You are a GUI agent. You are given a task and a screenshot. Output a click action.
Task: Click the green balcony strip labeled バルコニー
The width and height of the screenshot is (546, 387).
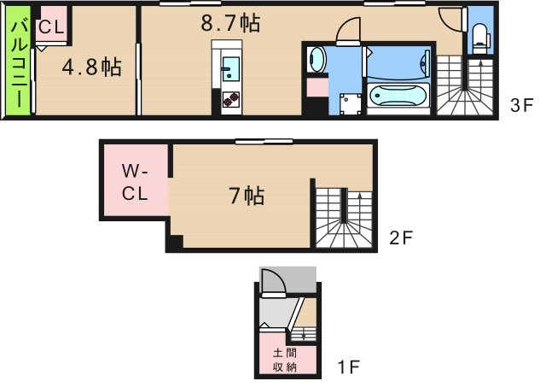[x=16, y=64]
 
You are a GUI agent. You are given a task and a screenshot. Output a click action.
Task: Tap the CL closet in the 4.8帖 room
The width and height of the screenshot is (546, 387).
[x=50, y=27]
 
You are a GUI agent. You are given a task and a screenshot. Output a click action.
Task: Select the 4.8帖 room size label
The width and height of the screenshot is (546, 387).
[x=90, y=67]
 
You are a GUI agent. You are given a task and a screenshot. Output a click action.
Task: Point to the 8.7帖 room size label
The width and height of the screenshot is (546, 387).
[x=230, y=23]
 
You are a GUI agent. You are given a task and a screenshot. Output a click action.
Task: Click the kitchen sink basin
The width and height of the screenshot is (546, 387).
[x=230, y=70]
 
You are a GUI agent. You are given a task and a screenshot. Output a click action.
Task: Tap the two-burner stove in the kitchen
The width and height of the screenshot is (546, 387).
[x=230, y=98]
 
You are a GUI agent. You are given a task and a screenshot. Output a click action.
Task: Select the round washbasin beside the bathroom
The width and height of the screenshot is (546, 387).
[x=317, y=59]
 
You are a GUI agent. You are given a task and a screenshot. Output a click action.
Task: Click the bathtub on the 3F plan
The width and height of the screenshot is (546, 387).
[x=398, y=95]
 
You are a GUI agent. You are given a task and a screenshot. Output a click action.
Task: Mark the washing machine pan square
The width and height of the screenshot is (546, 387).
[x=349, y=103]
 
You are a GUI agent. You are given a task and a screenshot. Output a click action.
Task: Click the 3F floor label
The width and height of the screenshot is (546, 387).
[x=521, y=107]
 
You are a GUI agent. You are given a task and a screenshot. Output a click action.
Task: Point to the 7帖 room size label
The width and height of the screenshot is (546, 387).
[x=246, y=196]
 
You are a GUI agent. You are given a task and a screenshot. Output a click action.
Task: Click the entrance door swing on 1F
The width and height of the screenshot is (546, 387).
[x=272, y=283]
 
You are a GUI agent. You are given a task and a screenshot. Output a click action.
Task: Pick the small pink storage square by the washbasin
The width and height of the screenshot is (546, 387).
[x=317, y=86]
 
